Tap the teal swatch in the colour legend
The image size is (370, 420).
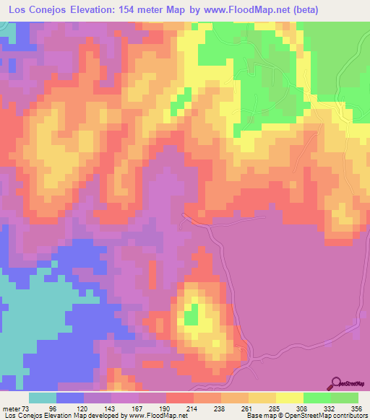[43, 398]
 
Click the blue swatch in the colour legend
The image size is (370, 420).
[70, 398]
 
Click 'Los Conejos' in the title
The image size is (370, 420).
[36, 8]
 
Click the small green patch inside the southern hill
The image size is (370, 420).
[191, 316]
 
